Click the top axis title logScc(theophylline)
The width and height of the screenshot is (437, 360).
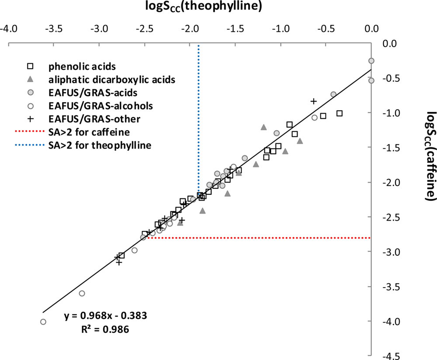click(x=218, y=7)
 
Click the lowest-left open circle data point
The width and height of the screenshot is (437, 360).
click(x=43, y=322)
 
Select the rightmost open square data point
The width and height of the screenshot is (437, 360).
click(x=339, y=113)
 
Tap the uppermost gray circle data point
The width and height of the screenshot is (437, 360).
click(x=371, y=61)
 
